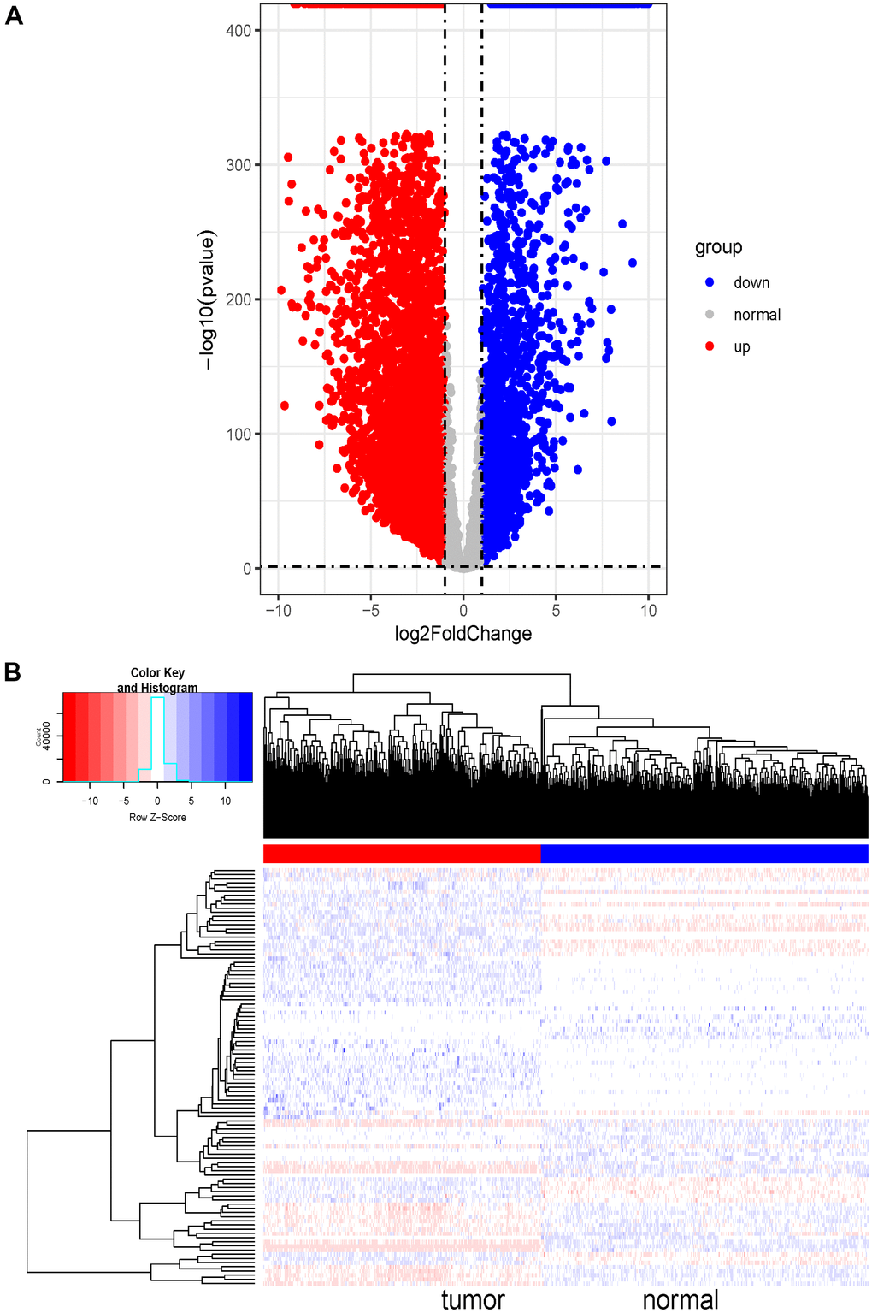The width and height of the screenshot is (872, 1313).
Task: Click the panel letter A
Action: pyautogui.click(x=14, y=15)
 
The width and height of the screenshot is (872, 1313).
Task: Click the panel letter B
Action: pyautogui.click(x=12, y=671)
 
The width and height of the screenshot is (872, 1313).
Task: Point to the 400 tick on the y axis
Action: pyautogui.click(x=238, y=31)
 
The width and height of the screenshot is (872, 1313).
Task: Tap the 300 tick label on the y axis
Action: pyautogui.click(x=238, y=165)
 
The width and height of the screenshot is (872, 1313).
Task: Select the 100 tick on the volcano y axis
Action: pyautogui.click(x=238, y=435)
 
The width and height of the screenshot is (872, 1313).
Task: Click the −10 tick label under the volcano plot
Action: pyautogui.click(x=277, y=611)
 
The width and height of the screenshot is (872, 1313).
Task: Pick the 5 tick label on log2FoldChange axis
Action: pyautogui.click(x=556, y=611)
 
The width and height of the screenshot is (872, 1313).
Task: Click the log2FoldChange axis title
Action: pyautogui.click(x=463, y=634)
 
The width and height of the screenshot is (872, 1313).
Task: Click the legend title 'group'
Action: pyautogui.click(x=718, y=247)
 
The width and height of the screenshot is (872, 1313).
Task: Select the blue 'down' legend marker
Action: pyautogui.click(x=710, y=282)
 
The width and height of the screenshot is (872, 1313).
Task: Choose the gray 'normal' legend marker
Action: pyautogui.click(x=710, y=315)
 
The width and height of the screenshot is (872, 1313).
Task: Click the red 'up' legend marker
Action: pyautogui.click(x=710, y=346)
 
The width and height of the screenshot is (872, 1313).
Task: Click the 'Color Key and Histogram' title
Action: pyautogui.click(x=157, y=680)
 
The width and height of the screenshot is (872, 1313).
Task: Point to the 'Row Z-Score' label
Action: pyautogui.click(x=157, y=818)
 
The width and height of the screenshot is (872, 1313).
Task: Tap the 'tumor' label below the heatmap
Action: pyautogui.click(x=473, y=1300)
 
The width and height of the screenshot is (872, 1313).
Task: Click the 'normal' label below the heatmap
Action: pyautogui.click(x=681, y=1300)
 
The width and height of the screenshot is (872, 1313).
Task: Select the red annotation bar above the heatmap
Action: pyautogui.click(x=402, y=853)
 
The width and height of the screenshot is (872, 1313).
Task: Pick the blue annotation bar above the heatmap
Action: pyautogui.click(x=704, y=853)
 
